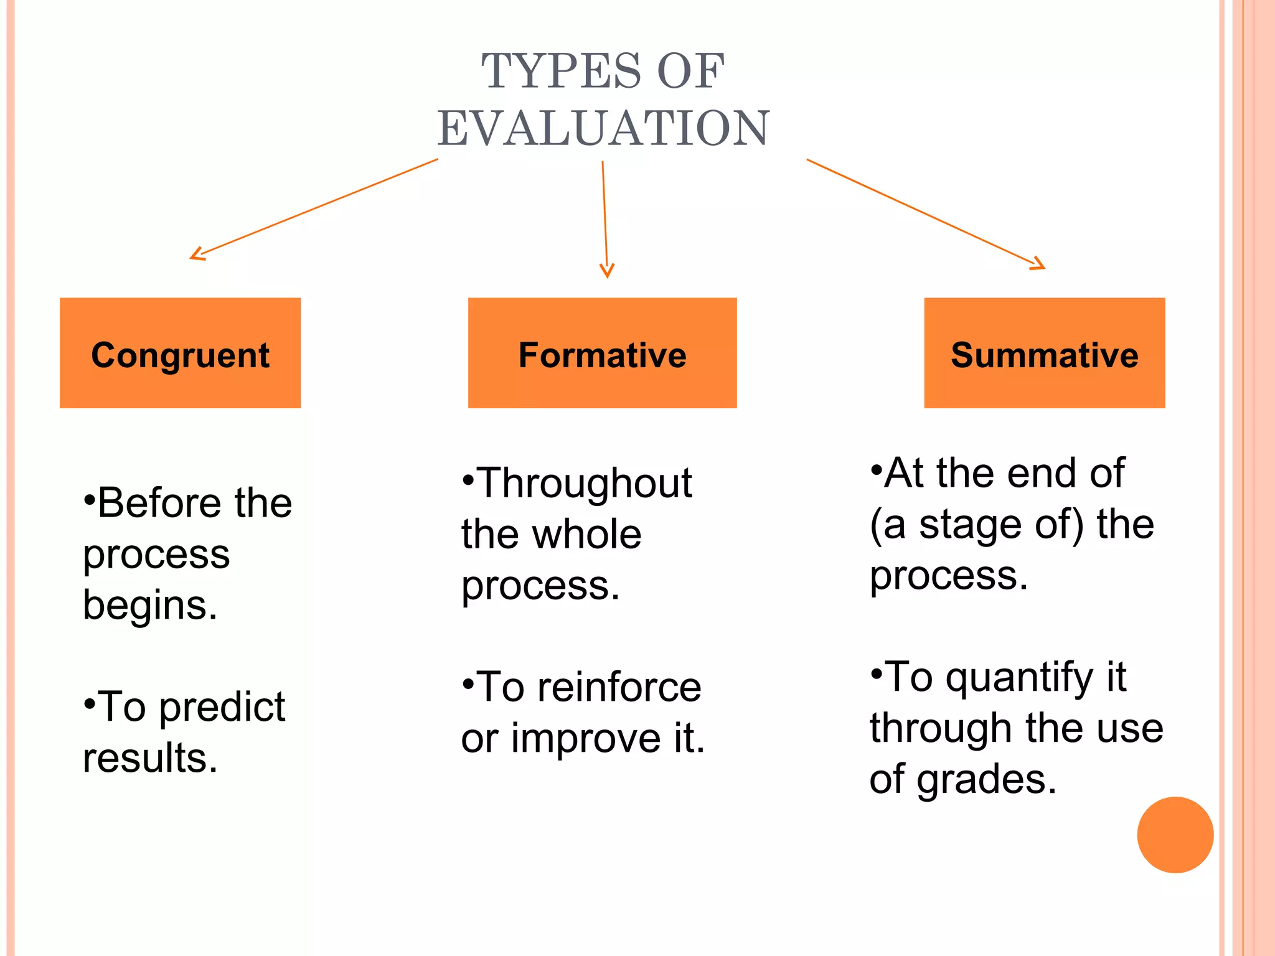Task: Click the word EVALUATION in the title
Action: pos(603,128)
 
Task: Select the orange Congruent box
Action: pos(181,353)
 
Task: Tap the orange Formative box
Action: pos(602,353)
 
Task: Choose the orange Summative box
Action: pos(1044,353)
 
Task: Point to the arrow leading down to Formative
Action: pos(605,218)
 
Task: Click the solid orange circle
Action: pos(1175,835)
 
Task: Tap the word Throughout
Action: pos(585,484)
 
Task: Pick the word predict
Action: pos(222,708)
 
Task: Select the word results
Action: pos(150,759)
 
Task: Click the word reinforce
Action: pos(619,688)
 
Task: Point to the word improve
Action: pos(586,739)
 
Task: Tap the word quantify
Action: pos(1020,678)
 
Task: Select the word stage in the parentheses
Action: pos(971,525)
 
